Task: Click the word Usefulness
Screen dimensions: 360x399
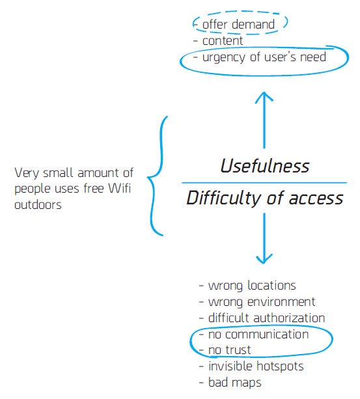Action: click(x=265, y=166)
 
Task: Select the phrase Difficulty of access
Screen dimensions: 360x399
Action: click(x=264, y=199)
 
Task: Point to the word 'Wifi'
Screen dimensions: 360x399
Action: click(x=119, y=189)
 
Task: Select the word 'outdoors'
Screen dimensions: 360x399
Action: click(x=38, y=204)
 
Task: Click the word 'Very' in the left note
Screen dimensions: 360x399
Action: click(x=27, y=173)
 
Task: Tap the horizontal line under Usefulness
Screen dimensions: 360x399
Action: click(x=264, y=183)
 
